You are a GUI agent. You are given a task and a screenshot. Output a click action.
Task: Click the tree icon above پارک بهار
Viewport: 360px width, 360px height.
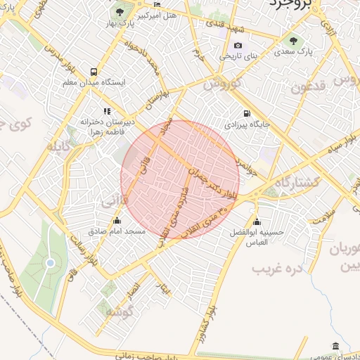tap(121, 13)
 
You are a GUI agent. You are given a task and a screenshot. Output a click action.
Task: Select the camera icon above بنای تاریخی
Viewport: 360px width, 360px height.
tap(238, 46)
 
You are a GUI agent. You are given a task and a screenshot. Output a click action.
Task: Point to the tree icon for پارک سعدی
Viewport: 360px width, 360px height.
tap(293, 40)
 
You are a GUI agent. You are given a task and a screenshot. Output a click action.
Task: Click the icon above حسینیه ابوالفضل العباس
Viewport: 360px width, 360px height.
tap(258, 220)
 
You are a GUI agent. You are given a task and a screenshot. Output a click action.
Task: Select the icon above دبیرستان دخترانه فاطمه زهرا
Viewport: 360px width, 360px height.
tap(106, 111)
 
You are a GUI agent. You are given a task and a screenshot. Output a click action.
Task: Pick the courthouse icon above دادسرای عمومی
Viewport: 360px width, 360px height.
tap(335, 347)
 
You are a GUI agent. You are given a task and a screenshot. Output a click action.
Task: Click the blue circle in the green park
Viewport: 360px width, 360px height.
tap(50, 263)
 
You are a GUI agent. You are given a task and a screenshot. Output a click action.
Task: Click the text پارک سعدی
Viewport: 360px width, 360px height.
tap(293, 52)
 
